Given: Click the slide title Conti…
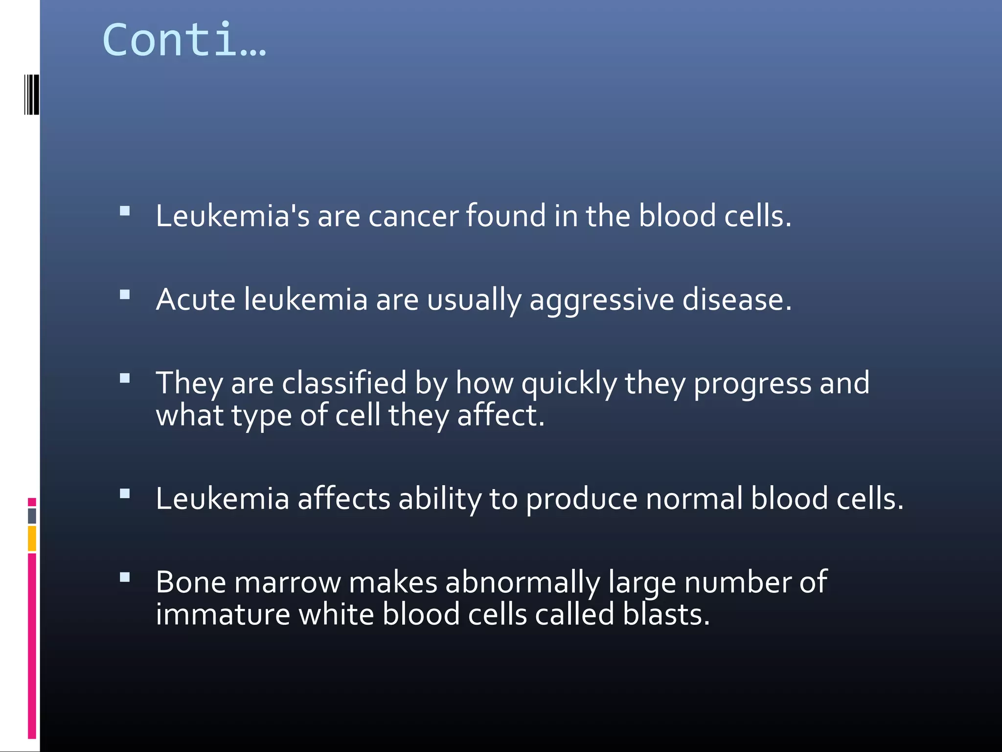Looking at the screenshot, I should (x=184, y=40).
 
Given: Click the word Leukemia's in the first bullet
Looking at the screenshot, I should (x=232, y=216).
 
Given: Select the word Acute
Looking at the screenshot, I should (x=196, y=299).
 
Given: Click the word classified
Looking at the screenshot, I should (x=344, y=383).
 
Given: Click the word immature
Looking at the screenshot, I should (x=223, y=614).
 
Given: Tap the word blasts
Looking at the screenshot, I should (x=666, y=614).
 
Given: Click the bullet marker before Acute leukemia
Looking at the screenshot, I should (x=125, y=295).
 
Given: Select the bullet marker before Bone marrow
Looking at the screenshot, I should (x=125, y=577).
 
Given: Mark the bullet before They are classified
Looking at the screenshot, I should (x=125, y=378).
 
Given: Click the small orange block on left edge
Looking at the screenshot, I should (x=32, y=538).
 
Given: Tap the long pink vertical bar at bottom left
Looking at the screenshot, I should (x=32, y=645).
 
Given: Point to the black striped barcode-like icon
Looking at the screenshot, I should (x=32, y=94).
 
